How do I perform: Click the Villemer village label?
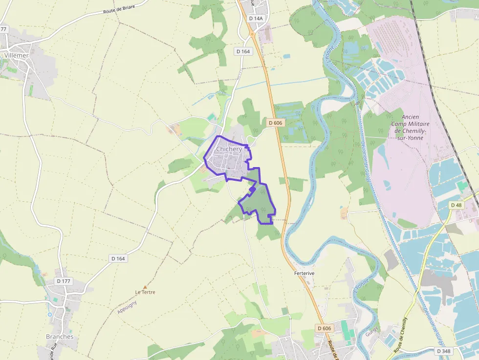click(x=16, y=56)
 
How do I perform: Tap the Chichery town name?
click(x=229, y=149)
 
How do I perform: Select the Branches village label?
click(x=60, y=337)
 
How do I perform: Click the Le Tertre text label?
click(x=145, y=292)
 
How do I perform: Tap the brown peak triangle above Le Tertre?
click(x=145, y=287)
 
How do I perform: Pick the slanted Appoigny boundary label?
click(x=128, y=306)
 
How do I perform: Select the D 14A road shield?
click(x=256, y=18)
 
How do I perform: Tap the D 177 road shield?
click(x=64, y=281)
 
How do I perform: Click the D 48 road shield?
click(x=456, y=205)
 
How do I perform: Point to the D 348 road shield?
click(x=443, y=351)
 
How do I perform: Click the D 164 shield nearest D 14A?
click(x=243, y=51)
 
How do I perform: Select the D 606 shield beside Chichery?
click(x=275, y=123)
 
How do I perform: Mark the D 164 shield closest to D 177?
click(x=118, y=258)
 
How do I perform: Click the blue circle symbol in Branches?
click(x=50, y=315)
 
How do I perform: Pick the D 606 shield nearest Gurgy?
click(x=324, y=328)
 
